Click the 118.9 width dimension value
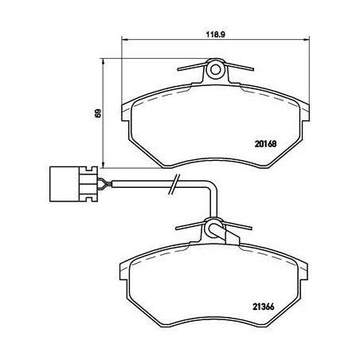213,35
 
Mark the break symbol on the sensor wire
174,187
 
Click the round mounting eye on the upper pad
215,71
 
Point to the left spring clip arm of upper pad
192,72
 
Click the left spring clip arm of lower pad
192,228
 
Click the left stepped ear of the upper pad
127,108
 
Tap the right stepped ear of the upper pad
303,108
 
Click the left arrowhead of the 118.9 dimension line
123,42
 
